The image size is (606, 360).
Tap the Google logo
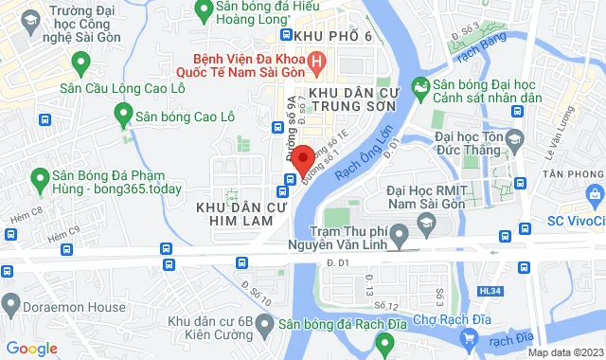tap(31, 348)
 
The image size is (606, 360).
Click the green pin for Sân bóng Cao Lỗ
tap(122, 117)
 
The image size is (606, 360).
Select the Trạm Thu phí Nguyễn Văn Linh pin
tap(400, 232)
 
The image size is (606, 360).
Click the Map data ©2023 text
tap(563, 351)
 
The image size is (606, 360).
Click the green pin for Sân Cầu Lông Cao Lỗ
tap(80, 66)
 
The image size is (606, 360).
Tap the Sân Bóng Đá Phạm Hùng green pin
tap(41, 178)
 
